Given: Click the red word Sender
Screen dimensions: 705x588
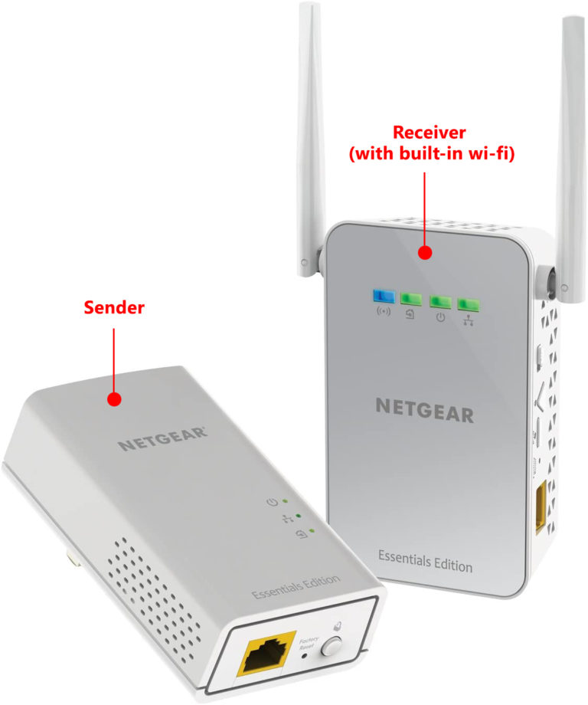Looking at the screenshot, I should click(x=114, y=309).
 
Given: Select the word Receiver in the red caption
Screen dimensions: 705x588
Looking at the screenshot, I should click(x=430, y=133).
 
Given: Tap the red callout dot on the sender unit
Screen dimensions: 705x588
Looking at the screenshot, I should click(x=114, y=399).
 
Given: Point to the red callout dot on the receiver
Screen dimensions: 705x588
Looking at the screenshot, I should click(x=423, y=252).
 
